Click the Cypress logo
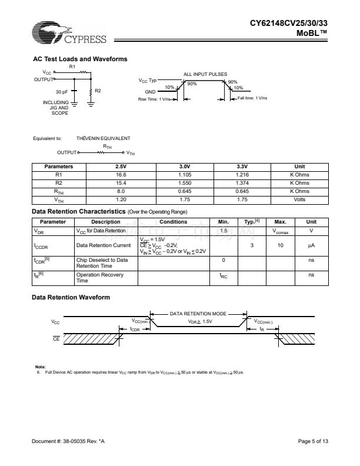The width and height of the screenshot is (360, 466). point(69,34)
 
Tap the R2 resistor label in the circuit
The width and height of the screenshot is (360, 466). point(98,90)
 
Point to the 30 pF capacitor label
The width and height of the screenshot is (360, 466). point(62,92)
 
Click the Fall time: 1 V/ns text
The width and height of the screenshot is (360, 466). point(252,98)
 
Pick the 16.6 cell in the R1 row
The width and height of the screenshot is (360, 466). point(122,175)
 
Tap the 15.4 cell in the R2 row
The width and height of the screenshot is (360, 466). point(122,183)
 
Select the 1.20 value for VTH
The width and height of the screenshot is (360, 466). point(122,199)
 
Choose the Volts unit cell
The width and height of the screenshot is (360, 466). point(299,199)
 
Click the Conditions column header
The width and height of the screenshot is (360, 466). point(174,222)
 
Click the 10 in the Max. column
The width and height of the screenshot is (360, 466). point(281,245)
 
